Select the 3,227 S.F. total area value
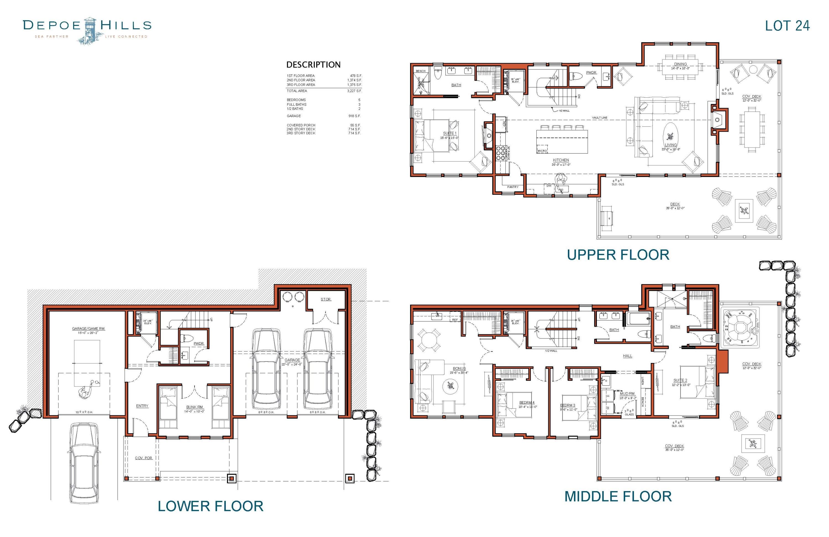click(354, 91)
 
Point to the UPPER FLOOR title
click(618, 255)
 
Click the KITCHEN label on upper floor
click(561, 160)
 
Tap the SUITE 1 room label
click(449, 133)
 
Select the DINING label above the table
click(680, 64)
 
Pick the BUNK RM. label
click(194, 407)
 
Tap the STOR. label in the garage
click(326, 299)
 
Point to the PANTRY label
click(513, 187)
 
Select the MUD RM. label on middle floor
click(627, 394)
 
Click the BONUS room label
click(459, 369)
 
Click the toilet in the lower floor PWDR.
click(188, 338)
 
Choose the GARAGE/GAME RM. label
click(88, 328)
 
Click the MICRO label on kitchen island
click(542, 151)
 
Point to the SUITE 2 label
click(680, 380)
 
